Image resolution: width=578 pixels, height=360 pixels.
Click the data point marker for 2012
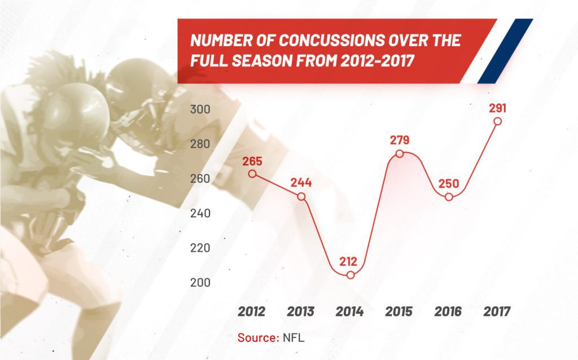point(252,174)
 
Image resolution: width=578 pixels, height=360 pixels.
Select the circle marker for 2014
point(351,275)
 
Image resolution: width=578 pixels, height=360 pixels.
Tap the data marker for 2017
point(497,121)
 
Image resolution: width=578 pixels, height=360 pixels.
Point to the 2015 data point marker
point(400,154)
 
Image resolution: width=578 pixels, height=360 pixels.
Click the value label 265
point(252,160)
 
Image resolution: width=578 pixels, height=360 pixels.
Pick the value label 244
point(301,183)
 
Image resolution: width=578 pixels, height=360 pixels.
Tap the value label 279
point(400,140)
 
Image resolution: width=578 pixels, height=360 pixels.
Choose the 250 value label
point(448,183)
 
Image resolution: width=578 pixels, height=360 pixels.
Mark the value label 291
point(497,107)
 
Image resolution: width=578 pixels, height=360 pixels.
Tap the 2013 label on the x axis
point(301,311)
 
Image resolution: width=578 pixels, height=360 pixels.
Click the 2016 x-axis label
point(448,311)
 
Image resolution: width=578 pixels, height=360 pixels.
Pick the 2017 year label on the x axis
point(497,311)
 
